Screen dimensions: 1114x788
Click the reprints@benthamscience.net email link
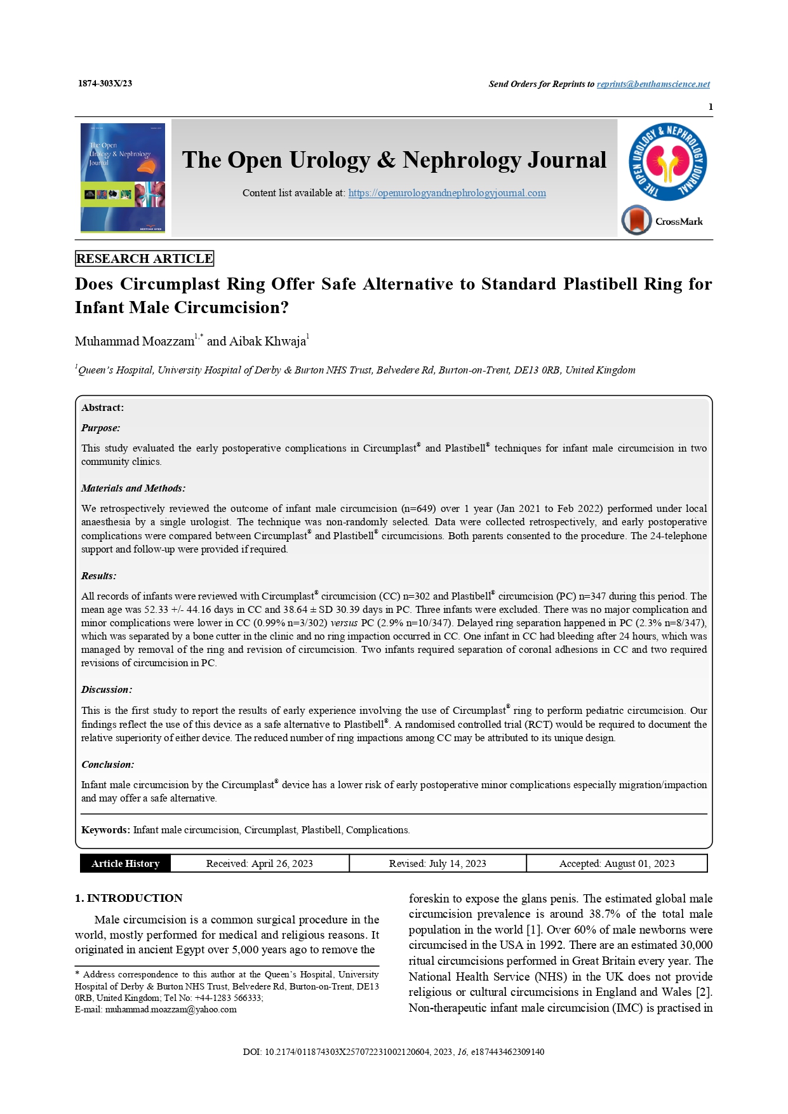pos(653,84)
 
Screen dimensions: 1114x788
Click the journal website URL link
pos(447,193)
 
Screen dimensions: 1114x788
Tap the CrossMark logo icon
pos(637,221)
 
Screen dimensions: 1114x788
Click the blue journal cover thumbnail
pos(123,177)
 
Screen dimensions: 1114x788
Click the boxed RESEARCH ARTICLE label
pos(144,258)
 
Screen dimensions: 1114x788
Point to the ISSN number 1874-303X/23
pos(105,84)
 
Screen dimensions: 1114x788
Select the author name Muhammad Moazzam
pos(135,342)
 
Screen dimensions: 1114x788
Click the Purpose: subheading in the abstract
pos(100,428)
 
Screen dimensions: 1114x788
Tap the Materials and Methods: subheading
pos(133,488)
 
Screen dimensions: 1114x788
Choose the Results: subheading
pos(98,576)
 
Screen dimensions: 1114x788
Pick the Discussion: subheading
pos(107,690)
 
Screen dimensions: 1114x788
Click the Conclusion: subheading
pos(107,765)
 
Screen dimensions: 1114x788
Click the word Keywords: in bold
pos(105,830)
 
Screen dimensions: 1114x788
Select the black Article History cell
pos(125,864)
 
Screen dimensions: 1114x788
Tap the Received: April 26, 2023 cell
pos(259,864)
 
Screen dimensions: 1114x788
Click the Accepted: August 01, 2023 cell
pos(617,864)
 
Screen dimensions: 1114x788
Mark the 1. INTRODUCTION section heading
pos(129,898)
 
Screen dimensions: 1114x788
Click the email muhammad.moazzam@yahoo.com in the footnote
pos(171,1009)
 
